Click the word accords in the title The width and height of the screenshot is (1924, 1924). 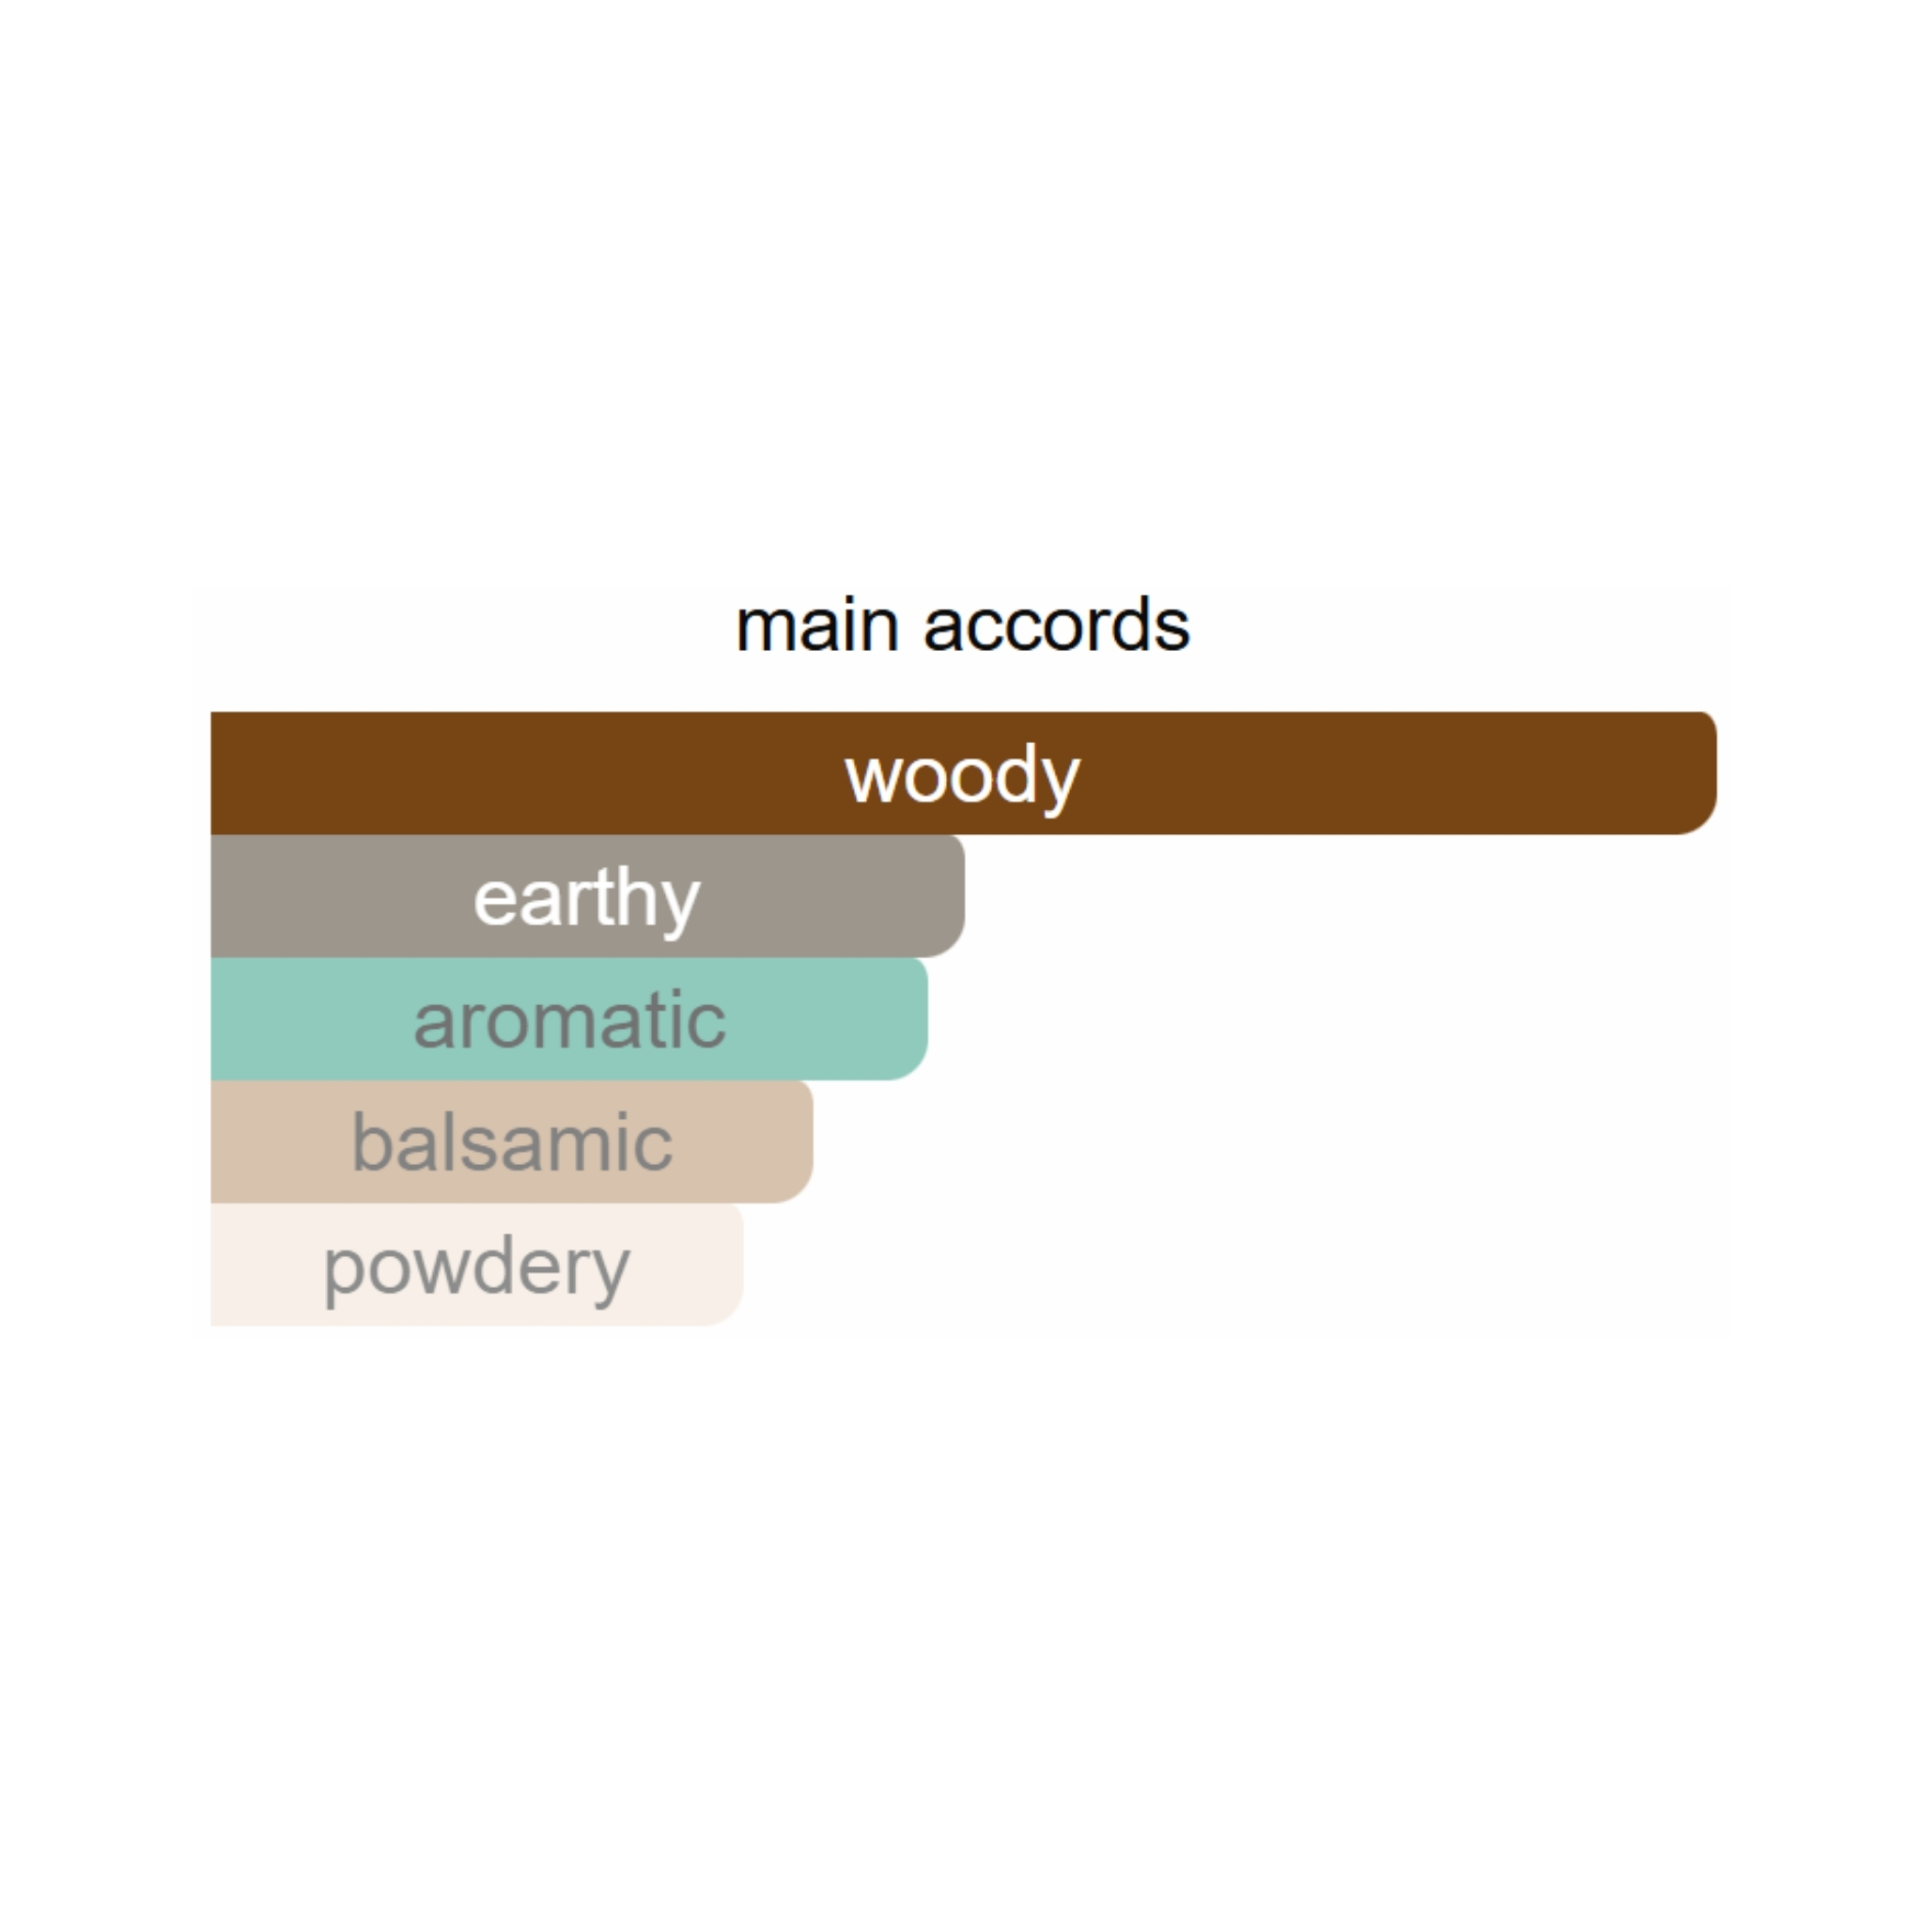[x=1057, y=626]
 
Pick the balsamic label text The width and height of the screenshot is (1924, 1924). [x=512, y=1141]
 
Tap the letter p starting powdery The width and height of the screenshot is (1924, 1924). [x=341, y=1277]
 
